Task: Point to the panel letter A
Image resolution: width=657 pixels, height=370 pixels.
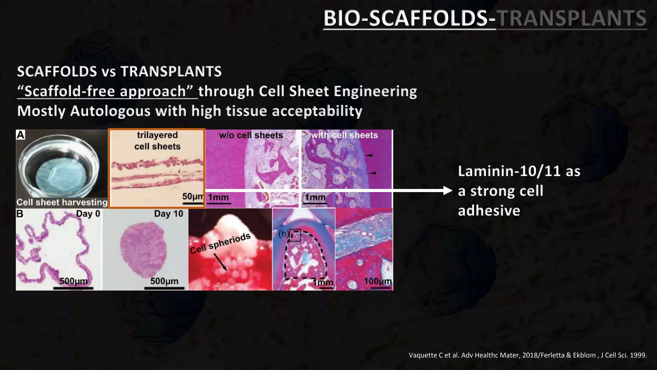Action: (21, 135)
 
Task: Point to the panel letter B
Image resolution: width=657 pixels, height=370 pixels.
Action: (20, 214)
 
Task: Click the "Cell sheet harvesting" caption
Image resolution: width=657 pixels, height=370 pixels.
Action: (62, 202)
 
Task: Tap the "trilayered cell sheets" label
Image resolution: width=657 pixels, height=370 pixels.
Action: (157, 141)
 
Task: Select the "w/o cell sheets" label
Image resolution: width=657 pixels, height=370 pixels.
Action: (251, 135)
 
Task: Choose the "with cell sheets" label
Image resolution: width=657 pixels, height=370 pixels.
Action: (345, 135)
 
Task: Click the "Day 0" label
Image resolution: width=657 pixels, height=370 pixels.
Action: (88, 214)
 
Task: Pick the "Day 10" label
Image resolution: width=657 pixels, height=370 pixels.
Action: (168, 214)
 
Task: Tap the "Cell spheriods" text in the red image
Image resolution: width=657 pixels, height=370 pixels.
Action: (220, 243)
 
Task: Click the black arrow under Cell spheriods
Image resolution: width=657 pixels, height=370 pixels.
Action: (220, 262)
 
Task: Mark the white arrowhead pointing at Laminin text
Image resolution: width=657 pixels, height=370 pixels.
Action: (448, 190)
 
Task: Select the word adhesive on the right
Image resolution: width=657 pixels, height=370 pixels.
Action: (489, 211)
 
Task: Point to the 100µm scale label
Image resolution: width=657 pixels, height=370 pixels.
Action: (378, 281)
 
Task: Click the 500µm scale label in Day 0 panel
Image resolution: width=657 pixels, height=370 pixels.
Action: (73, 281)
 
